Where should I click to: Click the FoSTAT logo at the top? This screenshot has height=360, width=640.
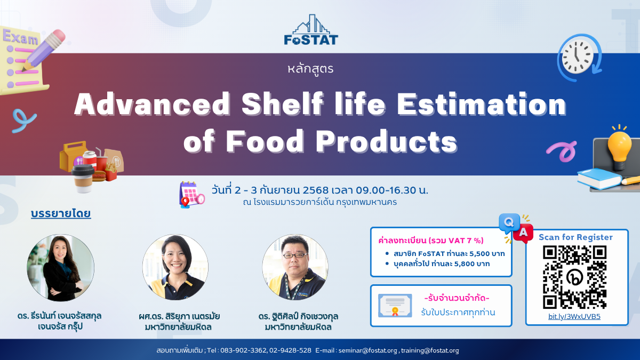click(311, 30)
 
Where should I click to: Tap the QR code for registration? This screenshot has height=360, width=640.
click(574, 277)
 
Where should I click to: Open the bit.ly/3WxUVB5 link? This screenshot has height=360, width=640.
click(574, 317)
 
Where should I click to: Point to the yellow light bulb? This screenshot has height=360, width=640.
click(619, 149)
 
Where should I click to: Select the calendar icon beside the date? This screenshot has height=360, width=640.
click(191, 194)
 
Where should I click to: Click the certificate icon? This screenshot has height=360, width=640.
click(395, 306)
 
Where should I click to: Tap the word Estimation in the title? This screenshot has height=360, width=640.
click(482, 104)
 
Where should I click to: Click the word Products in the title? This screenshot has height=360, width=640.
click(386, 141)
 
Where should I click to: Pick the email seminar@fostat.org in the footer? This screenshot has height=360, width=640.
click(367, 350)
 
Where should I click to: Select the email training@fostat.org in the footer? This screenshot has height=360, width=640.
click(430, 350)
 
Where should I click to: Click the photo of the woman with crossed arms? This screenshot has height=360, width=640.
click(61, 268)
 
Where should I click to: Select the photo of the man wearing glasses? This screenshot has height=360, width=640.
click(295, 267)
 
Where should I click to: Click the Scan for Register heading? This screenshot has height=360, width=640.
click(575, 237)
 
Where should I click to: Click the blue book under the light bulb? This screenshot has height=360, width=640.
click(599, 179)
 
